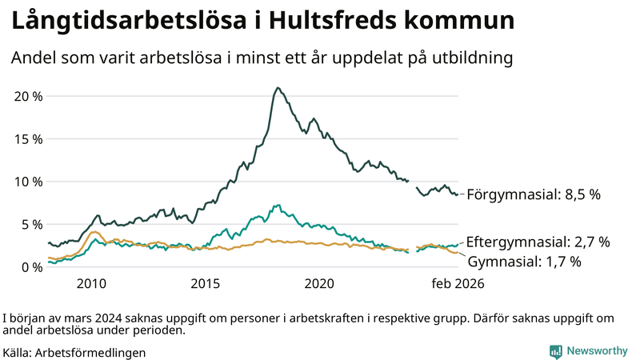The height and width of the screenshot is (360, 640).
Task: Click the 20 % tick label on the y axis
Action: [x=29, y=96]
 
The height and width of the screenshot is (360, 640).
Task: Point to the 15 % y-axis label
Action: [x=29, y=139]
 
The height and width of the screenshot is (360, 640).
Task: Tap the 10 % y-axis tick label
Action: [x=29, y=182]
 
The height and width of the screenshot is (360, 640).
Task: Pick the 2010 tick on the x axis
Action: [x=91, y=283]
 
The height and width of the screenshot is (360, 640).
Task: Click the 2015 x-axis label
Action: [x=206, y=283]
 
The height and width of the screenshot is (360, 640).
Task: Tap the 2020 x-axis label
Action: [x=320, y=283]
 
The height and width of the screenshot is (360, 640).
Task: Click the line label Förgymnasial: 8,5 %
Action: [x=533, y=194]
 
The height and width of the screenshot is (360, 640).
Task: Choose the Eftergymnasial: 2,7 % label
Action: [x=538, y=241]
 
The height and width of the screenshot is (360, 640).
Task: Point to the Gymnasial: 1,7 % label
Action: [x=524, y=261]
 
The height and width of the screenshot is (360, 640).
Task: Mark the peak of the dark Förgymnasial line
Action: [x=278, y=88]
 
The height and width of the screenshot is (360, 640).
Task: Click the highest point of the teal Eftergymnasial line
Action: [x=278, y=206]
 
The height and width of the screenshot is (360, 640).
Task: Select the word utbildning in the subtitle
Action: [x=472, y=58]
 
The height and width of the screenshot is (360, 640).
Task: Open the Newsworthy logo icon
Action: [x=555, y=351]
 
